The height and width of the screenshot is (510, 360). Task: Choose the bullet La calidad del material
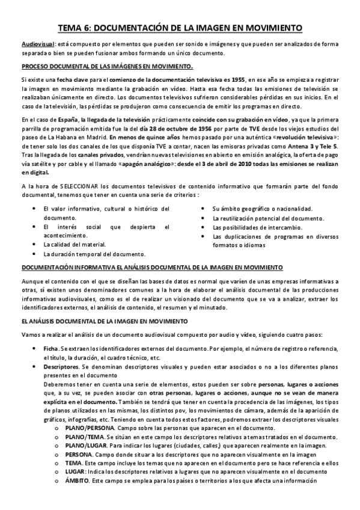click(x=74, y=244)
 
